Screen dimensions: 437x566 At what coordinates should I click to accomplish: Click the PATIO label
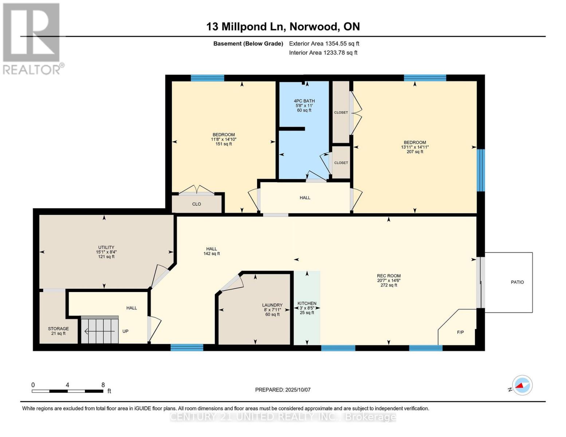[517, 282]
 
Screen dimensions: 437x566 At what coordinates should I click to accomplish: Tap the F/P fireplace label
[460, 332]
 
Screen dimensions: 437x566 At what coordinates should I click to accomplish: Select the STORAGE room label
[58, 329]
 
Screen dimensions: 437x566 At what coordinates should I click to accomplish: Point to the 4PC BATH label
[304, 101]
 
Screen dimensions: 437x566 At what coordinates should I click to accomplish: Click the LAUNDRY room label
[272, 305]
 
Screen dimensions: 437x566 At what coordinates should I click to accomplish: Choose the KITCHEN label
[307, 303]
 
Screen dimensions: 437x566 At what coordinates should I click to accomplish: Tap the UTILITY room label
[106, 247]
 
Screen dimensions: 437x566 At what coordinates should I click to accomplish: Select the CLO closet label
[197, 204]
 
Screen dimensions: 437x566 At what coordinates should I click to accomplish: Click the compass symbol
[522, 385]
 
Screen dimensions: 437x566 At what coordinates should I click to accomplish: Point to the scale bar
[67, 391]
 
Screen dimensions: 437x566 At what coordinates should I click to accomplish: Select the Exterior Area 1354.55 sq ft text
[324, 44]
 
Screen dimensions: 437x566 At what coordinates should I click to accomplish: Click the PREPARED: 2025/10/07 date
[283, 390]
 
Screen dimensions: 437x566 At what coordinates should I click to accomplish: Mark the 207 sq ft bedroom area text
[415, 152]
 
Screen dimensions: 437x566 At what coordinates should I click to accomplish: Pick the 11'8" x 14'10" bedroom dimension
[224, 139]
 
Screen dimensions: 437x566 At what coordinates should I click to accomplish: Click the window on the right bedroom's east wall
[481, 170]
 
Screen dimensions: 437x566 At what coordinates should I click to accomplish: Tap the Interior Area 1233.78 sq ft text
[323, 53]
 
